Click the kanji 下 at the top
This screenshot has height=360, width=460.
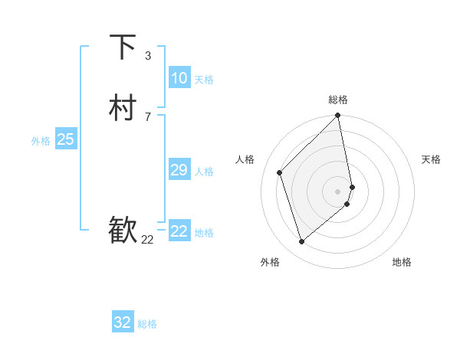pos(123,47)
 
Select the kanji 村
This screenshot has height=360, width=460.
pos(123,108)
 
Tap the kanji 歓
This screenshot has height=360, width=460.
pos(123,231)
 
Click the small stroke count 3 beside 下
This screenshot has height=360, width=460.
pos(147,55)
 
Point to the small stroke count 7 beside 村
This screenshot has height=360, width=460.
pos(147,116)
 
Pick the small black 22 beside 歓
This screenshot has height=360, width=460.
pos(147,240)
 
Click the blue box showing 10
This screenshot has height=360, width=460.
pos(179,78)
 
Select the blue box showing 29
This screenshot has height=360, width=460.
pos(179,170)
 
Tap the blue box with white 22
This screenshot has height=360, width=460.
pos(179,231)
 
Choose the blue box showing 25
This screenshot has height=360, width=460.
pos(66,139)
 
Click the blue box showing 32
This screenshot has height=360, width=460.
pos(123,322)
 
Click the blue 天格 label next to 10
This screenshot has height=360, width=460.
pos(204,80)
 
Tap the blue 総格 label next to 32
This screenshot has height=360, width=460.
pos(147,324)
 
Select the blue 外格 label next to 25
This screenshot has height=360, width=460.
pos(41,141)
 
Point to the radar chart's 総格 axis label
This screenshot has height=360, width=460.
pos(338,100)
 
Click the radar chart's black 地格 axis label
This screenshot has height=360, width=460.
pos(402,262)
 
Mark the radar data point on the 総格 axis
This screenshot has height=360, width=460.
pos(338,116)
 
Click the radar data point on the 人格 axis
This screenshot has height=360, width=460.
pos(280,172)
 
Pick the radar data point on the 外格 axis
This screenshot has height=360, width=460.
pos(302,241)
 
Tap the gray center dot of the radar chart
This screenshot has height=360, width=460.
pos(338,191)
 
